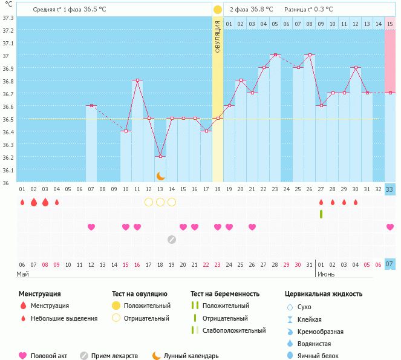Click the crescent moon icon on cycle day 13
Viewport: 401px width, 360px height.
[x=160, y=175]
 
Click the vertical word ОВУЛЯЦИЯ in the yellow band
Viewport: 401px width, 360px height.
[x=218, y=36]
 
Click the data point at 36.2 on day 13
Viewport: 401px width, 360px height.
[x=160, y=157]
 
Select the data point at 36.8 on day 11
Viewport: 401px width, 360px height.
[x=137, y=80]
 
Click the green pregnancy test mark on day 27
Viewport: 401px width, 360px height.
[x=321, y=214]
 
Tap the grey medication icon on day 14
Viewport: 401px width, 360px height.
[x=172, y=239]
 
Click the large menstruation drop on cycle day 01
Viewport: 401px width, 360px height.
[x=22, y=202]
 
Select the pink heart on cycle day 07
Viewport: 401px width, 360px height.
[x=91, y=227]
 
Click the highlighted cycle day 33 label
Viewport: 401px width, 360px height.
[x=390, y=189]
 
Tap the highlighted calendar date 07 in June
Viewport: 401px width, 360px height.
[x=390, y=264]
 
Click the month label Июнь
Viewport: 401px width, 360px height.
[x=327, y=274]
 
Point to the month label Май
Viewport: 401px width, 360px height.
[x=22, y=274]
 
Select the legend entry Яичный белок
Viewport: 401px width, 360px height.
[x=322, y=356]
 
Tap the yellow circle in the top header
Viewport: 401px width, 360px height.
[x=217, y=9]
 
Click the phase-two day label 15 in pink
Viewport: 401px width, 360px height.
[x=390, y=24]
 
